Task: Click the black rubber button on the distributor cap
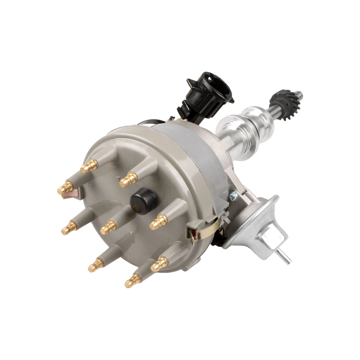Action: pos(142,201)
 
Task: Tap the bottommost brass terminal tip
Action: pos(132,280)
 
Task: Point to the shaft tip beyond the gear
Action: pos(298,94)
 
